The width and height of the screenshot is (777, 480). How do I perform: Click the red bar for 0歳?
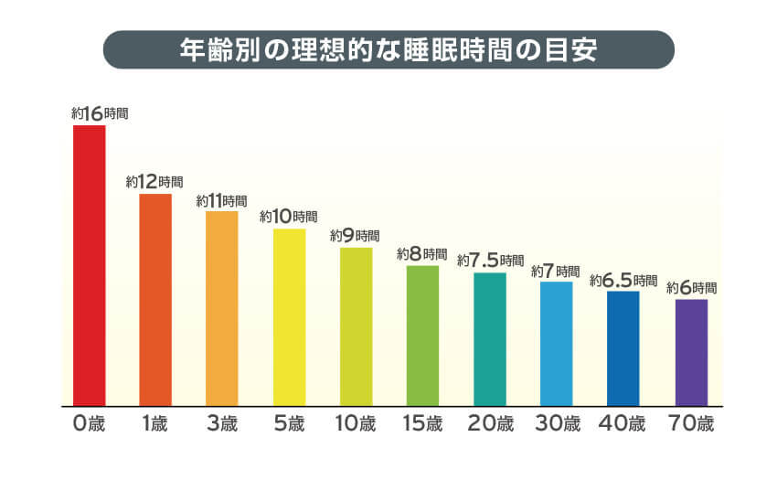pos(90,265)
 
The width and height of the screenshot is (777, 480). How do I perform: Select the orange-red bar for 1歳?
pos(155,299)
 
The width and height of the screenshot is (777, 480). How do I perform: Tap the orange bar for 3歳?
pos(222,308)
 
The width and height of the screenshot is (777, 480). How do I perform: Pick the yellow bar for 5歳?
pos(289,316)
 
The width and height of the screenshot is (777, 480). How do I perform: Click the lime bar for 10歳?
pos(356,326)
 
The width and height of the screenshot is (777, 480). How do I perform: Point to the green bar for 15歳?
pos(422,336)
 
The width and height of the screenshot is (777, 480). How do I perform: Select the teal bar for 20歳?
pos(490,338)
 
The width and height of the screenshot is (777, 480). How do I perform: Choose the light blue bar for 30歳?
pos(556,343)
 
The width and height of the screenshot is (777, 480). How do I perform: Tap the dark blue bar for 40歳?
pos(623,347)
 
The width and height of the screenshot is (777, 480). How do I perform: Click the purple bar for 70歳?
pos(691,352)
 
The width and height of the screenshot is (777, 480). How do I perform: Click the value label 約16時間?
pos(100,114)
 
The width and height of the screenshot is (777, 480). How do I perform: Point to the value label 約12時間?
pos(155,182)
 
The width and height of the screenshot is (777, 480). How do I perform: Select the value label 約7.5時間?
pos(491,261)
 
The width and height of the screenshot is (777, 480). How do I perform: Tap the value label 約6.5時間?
pos(623,280)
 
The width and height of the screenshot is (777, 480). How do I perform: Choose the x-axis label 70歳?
pos(691,424)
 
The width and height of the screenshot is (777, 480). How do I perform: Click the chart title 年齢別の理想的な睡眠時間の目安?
pos(388,50)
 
